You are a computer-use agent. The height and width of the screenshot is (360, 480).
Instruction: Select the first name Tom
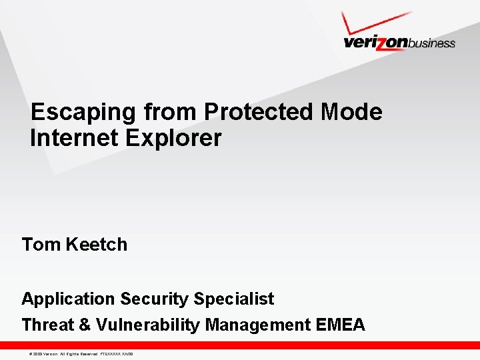click(41, 245)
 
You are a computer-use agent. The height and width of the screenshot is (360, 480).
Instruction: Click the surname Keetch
click(96, 245)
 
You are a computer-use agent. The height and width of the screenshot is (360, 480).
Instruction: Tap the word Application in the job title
click(68, 299)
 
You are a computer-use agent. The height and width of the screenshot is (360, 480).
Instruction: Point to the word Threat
click(48, 325)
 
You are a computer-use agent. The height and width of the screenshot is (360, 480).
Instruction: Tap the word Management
click(257, 325)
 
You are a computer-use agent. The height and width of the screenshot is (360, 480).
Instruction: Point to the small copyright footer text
click(77, 353)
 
